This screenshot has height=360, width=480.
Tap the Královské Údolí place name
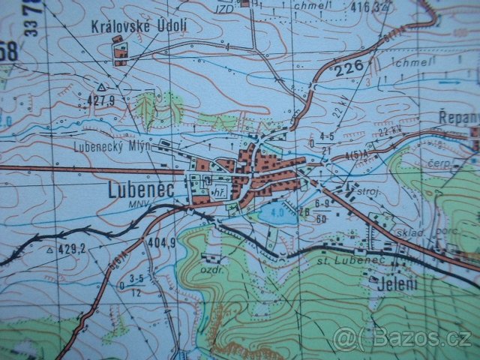(139, 25)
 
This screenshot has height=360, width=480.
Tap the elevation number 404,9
(161, 242)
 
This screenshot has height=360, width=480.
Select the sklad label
(412, 232)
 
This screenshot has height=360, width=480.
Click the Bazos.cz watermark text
(405, 338)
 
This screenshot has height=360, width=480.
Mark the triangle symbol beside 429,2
(49, 248)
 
